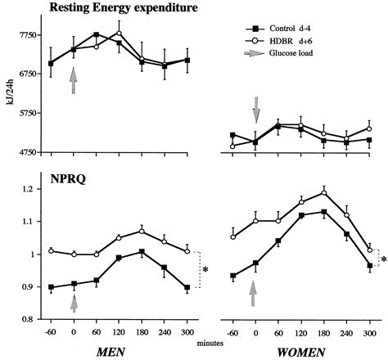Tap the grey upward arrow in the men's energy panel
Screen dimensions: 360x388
tap(74, 81)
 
